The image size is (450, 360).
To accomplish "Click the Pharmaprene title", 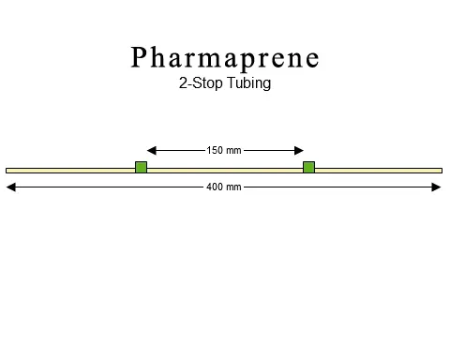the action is pos(225,57).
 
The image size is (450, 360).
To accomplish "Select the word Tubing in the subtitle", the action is pos(247,83).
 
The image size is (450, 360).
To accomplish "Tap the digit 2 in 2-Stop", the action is pos(182,82).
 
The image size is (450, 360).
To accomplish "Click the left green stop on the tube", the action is pos(141,168).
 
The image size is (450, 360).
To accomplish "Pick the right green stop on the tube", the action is pos(308,168).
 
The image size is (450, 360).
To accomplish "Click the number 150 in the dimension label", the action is pos(215,149).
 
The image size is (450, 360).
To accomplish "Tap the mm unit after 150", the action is pos(234,149).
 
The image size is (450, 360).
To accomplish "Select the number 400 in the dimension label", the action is pos(215,187).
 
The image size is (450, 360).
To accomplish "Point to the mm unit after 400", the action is pos(234,187).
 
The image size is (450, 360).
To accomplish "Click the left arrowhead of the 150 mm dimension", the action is pos(151,149).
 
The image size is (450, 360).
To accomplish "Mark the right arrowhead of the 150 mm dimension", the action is pos(299,149).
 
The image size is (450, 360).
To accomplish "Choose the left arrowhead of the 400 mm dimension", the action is pos(10,187).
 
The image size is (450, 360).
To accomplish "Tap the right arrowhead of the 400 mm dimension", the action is pos(437,187).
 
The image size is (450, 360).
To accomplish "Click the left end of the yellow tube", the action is pos(8,170).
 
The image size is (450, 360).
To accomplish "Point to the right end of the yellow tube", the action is pos(440,170).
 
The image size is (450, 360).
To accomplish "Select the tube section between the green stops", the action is pos(225,170).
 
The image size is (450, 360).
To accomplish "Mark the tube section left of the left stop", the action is pos(70,170).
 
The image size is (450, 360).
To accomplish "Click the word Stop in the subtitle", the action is pos(205,83).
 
